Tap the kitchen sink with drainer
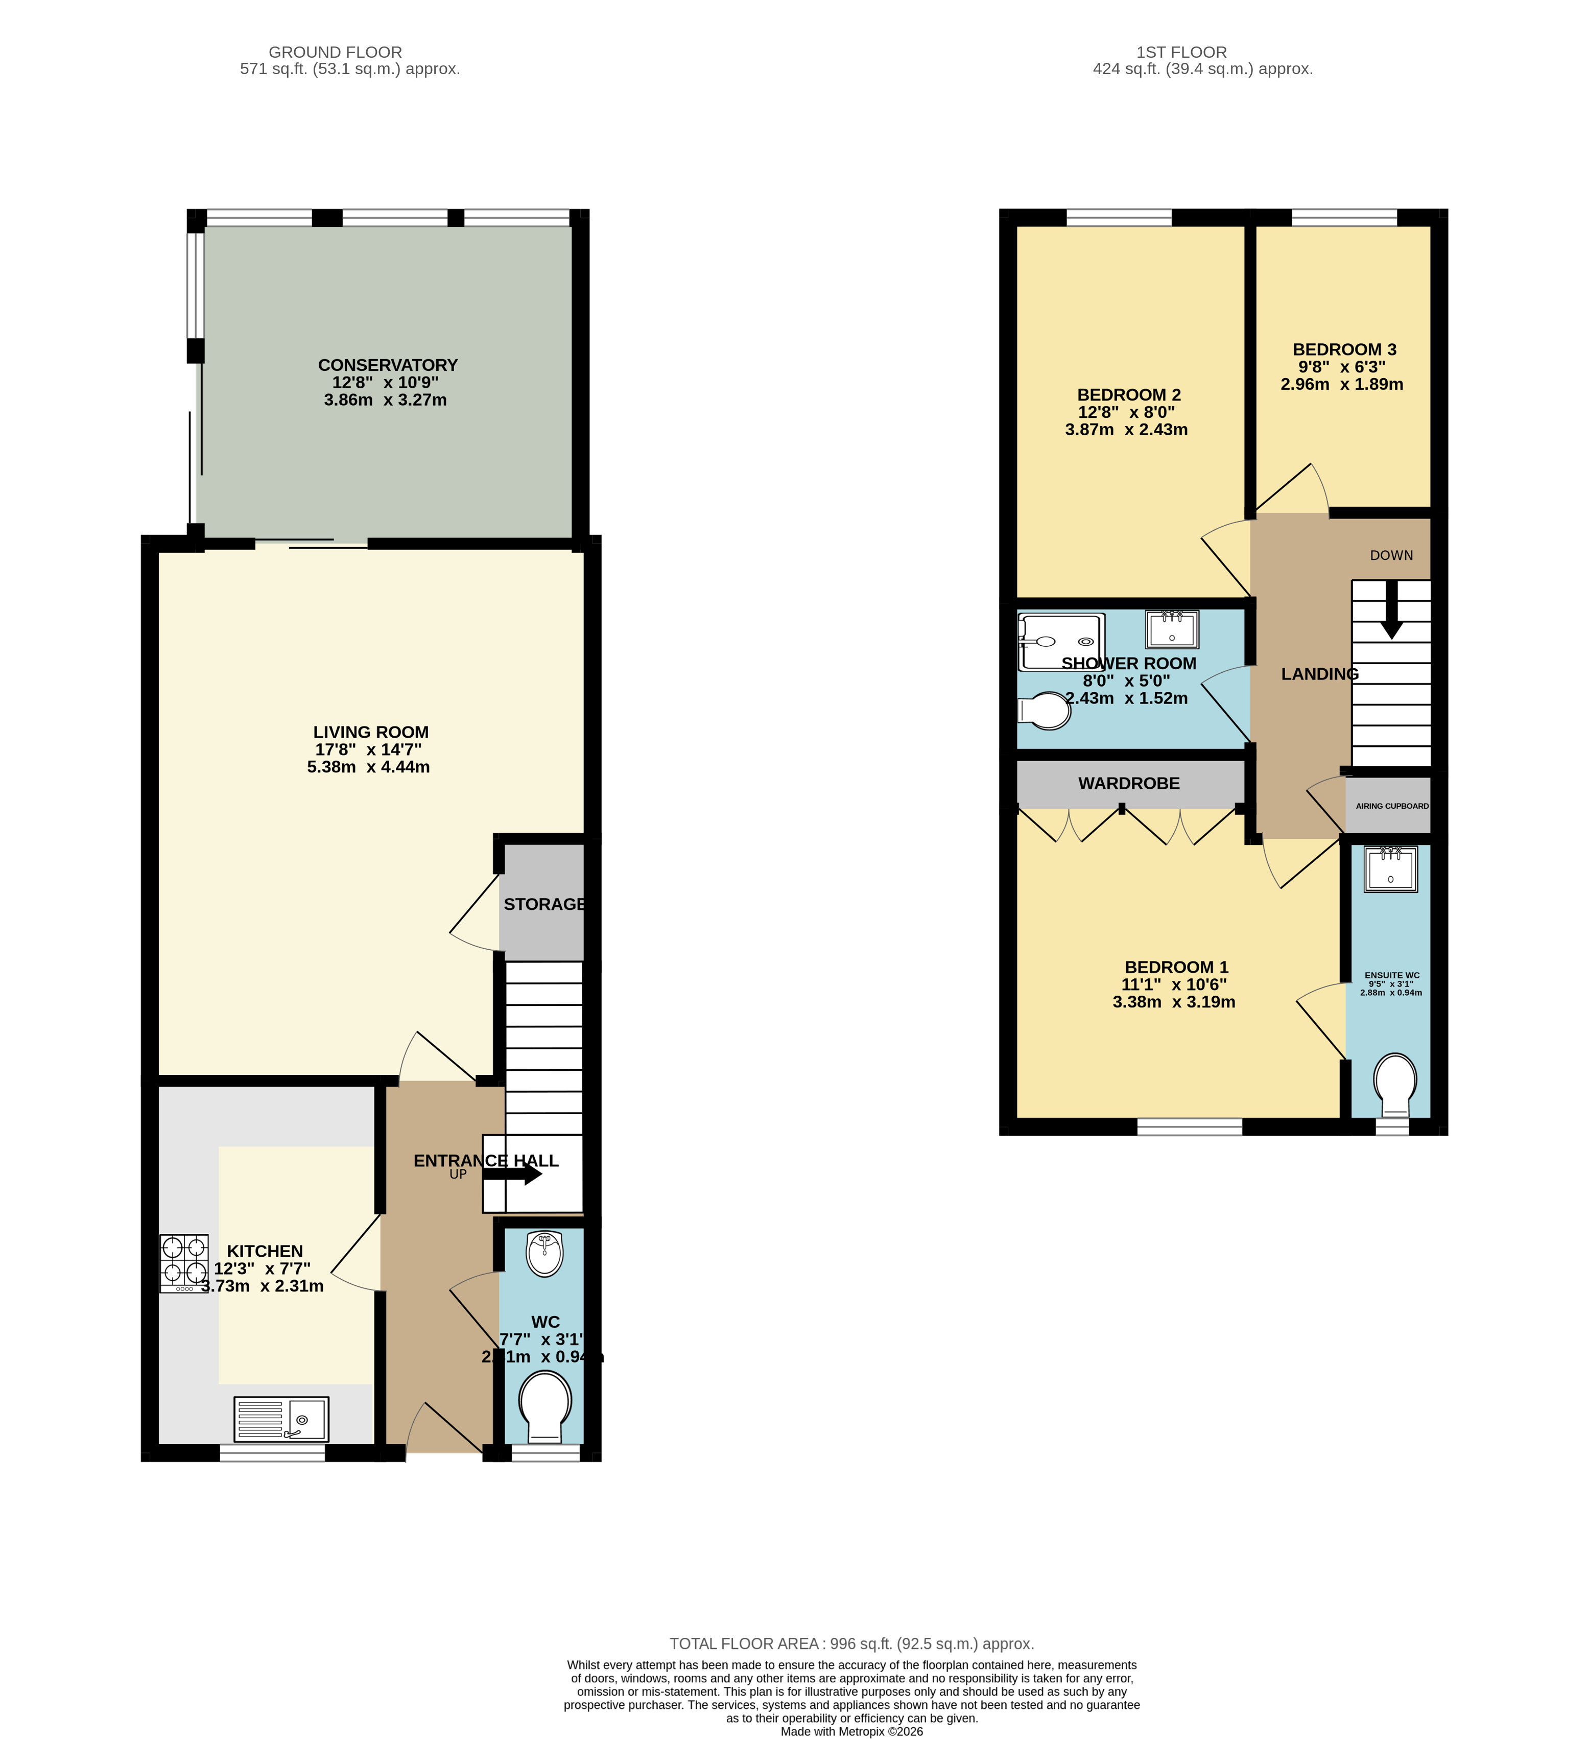[x=281, y=1419]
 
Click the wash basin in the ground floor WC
[x=544, y=1253]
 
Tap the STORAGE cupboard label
[x=543, y=904]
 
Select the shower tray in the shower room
[x=1061, y=642]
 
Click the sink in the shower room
[x=1172, y=629]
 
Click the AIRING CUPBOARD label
[x=1391, y=806]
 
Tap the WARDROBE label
[x=1128, y=783]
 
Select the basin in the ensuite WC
[x=1391, y=870]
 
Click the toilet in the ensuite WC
[x=1394, y=1085]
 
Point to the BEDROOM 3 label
[x=1343, y=349]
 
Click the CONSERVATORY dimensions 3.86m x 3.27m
[x=385, y=400]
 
